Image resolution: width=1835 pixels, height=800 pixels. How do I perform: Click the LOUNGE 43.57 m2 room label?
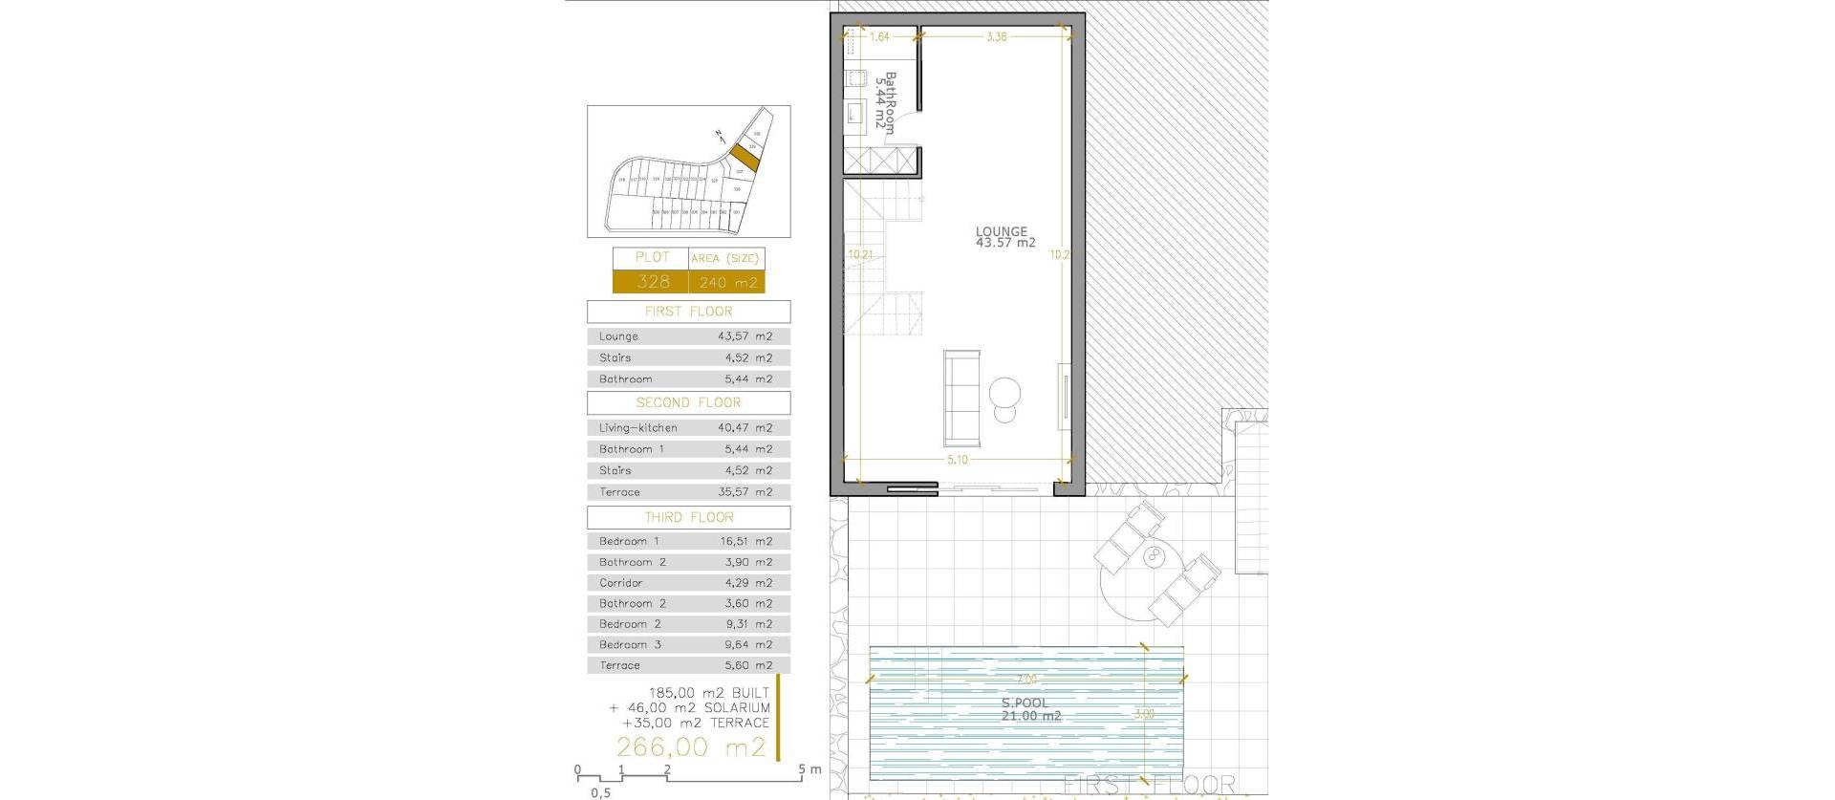[x=1004, y=237]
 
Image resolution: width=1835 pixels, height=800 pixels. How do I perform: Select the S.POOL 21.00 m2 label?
[x=1030, y=709]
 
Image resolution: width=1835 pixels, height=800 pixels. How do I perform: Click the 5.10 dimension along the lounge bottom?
[x=957, y=460]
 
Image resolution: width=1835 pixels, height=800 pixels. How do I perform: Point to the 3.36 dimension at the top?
[x=996, y=37]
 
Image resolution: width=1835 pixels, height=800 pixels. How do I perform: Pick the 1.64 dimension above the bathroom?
[x=879, y=37]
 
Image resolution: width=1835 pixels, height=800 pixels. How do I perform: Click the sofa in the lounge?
[x=962, y=399]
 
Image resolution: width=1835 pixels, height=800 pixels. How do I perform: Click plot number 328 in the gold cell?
[x=653, y=282]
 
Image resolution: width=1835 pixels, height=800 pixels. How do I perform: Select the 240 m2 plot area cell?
[x=727, y=283]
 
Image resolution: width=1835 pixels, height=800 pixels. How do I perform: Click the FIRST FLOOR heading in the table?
[x=688, y=312]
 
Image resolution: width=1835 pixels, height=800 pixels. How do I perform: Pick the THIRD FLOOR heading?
[x=688, y=517]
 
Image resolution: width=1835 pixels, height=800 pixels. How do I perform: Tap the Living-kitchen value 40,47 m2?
[x=745, y=428]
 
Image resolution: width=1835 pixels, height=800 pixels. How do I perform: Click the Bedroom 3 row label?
[x=630, y=645]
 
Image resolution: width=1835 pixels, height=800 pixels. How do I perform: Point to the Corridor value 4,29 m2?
[x=745, y=583]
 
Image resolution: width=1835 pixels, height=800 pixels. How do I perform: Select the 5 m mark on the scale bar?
[x=811, y=769]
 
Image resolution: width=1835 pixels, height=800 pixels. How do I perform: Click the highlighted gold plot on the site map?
[x=745, y=158]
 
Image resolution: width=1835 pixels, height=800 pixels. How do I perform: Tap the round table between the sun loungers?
[x=1155, y=555]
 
